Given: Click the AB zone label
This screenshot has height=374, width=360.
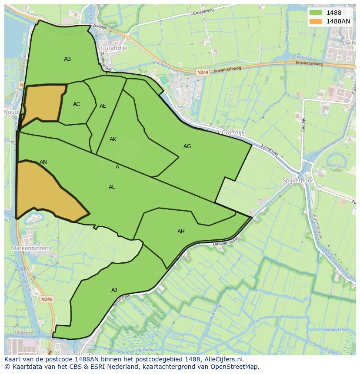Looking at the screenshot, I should [x=67, y=59].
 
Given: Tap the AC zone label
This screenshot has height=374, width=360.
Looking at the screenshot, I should [x=77, y=104].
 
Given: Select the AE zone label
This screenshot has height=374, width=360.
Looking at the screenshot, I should [x=103, y=106].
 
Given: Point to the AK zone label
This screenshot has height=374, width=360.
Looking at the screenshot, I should [x=113, y=139].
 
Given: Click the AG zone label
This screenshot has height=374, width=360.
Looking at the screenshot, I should [x=187, y=146].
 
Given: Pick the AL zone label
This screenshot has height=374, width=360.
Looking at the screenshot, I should [x=112, y=187].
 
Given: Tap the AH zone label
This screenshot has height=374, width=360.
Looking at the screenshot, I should [x=181, y=232].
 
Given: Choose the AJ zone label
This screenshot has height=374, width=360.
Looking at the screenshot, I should [x=114, y=290].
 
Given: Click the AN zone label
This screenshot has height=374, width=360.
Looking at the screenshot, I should [x=43, y=162].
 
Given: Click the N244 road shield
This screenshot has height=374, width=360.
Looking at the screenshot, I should [x=202, y=73].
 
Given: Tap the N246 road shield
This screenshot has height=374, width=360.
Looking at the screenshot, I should [x=47, y=299].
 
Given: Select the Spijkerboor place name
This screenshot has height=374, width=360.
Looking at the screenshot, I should [x=298, y=180].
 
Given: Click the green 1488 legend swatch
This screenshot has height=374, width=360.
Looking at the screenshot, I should [x=315, y=13].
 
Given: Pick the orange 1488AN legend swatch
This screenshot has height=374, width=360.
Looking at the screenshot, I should [x=315, y=21].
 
